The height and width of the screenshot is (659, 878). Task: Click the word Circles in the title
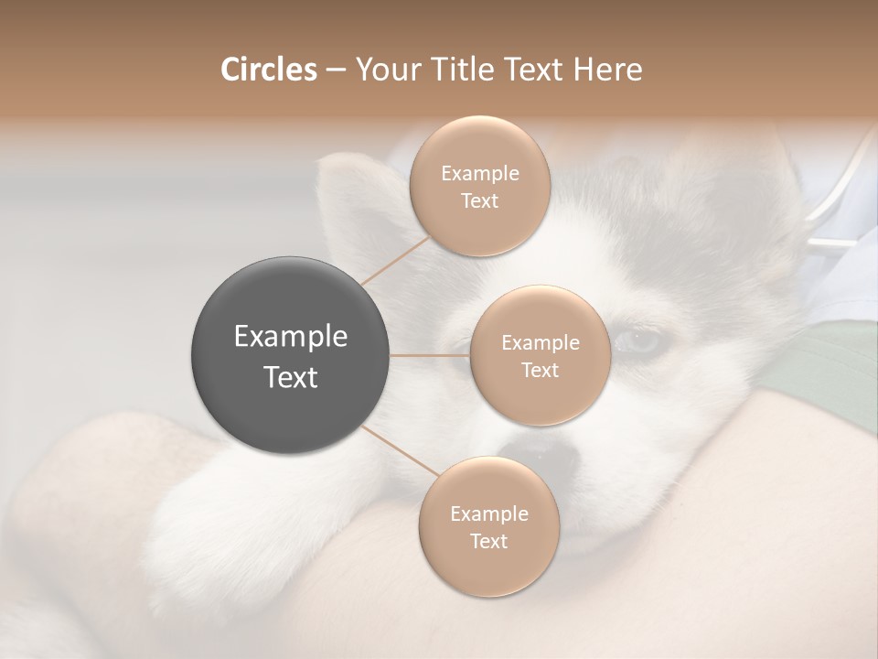[x=268, y=70]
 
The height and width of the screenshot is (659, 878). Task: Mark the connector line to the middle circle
[x=430, y=354]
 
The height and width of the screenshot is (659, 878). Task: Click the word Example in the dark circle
[x=291, y=337]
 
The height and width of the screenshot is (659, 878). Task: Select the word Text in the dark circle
[x=291, y=377]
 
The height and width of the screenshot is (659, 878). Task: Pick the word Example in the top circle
[x=480, y=174]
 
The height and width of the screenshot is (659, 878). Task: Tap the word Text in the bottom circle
[x=488, y=541]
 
